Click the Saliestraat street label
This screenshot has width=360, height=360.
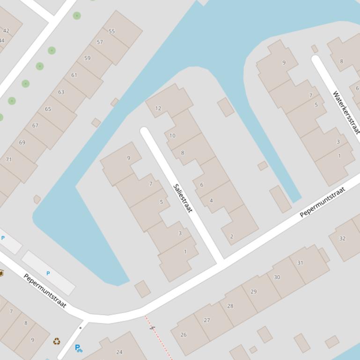pos(183,198)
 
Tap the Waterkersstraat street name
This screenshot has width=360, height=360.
pos(346,112)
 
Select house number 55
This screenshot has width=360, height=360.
pos(111,31)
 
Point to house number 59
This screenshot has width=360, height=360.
pos(88,58)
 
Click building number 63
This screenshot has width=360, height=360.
pos(61,92)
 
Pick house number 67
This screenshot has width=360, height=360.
pos(35,126)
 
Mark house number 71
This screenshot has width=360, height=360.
pos(8,159)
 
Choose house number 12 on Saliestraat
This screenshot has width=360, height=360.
pos(158,108)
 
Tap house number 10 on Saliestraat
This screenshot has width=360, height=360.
pos(172,136)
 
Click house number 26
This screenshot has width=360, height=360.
pos(184,335)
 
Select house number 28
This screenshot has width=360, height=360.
pos(230,306)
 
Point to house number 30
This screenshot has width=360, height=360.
pos(277,277)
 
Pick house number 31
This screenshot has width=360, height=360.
pos(300,263)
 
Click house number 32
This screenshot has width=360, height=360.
pos(342,238)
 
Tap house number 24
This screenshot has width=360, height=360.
pos(119,352)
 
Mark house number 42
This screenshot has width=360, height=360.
pos(6,31)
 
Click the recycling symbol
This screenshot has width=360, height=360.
pos(57,342)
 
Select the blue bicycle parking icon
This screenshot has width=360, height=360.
pos(79,348)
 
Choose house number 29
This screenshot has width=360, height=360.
pos(254,292)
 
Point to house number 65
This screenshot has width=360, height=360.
pos(48,109)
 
